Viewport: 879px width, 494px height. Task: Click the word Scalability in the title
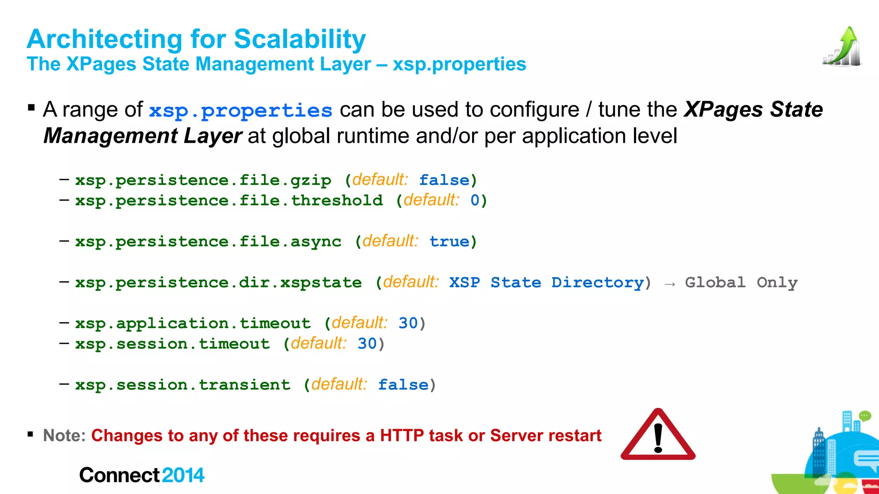(x=300, y=39)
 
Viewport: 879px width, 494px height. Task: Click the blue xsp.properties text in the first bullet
(x=240, y=111)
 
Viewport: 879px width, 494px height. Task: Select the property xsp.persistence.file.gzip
(x=203, y=180)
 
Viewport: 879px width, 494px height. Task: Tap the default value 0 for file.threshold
(x=475, y=200)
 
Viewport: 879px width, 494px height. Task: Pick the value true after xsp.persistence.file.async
(x=449, y=241)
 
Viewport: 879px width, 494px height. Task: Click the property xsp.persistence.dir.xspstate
(x=218, y=283)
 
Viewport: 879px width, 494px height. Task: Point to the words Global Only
(x=741, y=283)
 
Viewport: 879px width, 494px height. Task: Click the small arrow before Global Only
(x=670, y=284)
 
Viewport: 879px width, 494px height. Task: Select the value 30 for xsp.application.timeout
(x=408, y=323)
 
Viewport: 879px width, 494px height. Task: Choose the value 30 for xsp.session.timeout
(x=367, y=343)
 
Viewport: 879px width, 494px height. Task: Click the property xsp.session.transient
(x=183, y=385)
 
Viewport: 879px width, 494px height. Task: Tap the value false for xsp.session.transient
(x=403, y=385)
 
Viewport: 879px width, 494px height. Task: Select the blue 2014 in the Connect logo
(x=183, y=475)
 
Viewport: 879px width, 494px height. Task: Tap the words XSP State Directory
(x=546, y=283)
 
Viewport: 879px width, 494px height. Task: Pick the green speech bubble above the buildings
(x=865, y=416)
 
